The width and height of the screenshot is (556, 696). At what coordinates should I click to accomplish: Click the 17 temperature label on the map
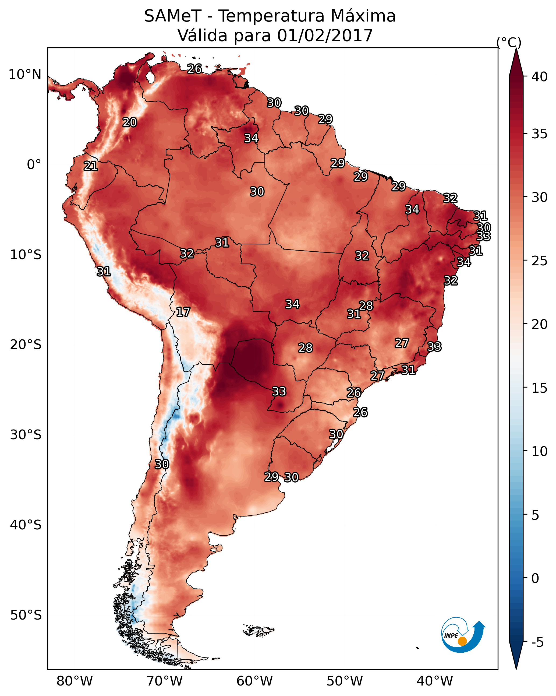(x=183, y=312)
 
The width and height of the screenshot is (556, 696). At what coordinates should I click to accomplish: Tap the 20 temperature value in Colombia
(x=130, y=122)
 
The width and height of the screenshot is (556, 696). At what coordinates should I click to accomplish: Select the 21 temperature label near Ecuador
(x=91, y=166)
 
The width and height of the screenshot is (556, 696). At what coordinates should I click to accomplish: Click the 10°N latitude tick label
(x=25, y=75)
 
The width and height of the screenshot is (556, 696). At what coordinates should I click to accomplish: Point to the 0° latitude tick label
(x=34, y=165)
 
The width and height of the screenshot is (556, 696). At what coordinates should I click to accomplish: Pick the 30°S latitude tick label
(x=26, y=435)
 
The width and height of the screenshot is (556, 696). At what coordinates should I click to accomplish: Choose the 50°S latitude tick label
(x=26, y=615)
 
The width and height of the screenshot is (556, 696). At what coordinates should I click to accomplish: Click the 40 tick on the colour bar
(x=539, y=77)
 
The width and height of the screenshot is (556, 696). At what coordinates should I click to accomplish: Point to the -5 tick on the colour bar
(x=537, y=642)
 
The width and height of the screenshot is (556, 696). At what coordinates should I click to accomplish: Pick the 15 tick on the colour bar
(x=539, y=388)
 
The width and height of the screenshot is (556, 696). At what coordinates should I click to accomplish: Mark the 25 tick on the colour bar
(x=539, y=261)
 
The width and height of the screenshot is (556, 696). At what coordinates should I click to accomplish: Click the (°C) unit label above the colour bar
(x=509, y=42)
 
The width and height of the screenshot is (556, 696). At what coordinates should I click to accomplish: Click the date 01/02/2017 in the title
(x=325, y=36)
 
